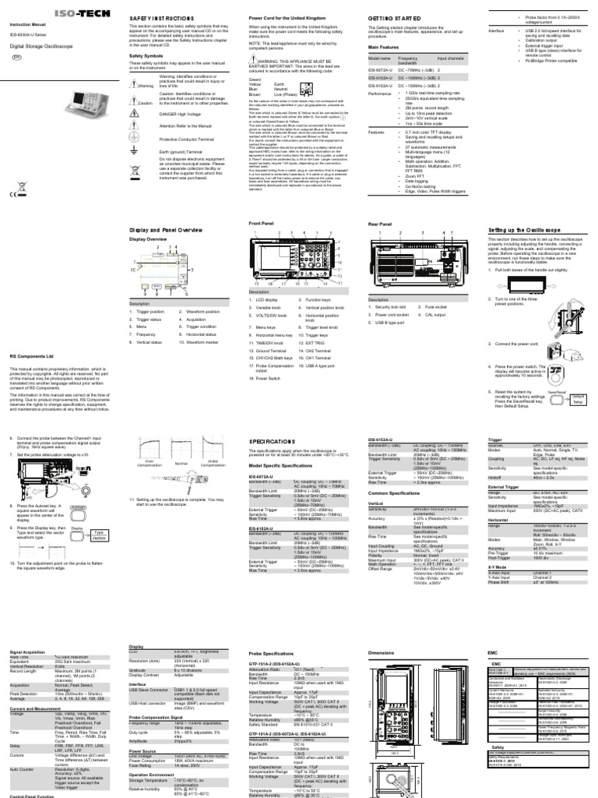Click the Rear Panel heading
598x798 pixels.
(379, 224)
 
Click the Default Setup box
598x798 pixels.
(577, 399)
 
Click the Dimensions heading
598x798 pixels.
(382, 651)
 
